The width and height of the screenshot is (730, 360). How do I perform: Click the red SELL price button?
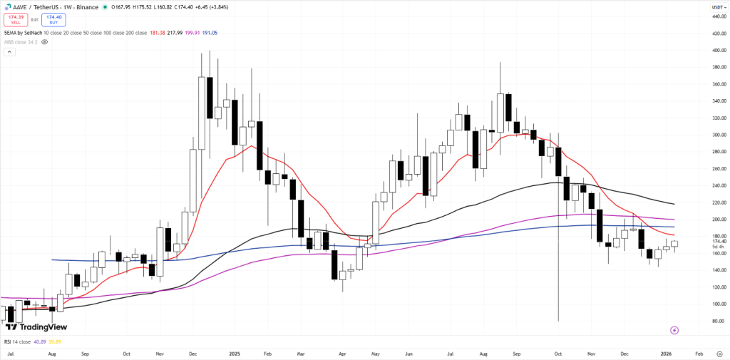16,19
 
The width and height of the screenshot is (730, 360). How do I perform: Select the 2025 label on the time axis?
235,353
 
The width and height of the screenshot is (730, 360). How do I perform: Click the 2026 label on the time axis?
665,353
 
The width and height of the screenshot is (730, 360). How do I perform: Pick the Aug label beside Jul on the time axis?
51,353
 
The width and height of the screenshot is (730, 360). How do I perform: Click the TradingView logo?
36,326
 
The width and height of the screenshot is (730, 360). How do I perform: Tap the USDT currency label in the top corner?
718,7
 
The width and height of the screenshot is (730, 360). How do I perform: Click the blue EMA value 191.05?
210,33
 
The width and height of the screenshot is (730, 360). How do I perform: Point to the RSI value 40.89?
40,341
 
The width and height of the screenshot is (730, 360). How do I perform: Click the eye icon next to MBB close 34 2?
45,42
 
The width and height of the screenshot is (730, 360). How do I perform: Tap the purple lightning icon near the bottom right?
674,330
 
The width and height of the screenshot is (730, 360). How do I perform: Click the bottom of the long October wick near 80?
557,320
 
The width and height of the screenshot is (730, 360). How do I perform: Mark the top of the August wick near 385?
500,63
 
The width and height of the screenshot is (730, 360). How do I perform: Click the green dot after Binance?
106,7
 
